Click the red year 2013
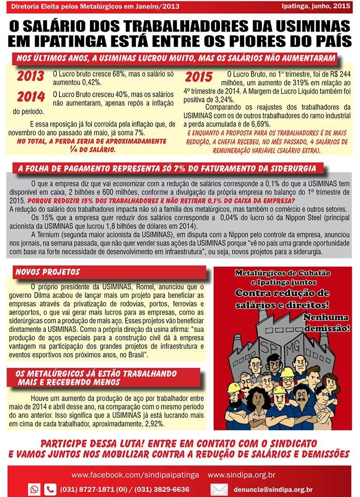pos(31,76)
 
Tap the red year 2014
pos(31,96)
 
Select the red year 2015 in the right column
pos(199,77)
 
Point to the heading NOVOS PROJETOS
pos(48,272)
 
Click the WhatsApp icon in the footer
pos(35,489)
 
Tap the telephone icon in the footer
pos(50,489)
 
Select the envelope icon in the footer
pos(219,489)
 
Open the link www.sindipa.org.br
pos(242,474)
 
